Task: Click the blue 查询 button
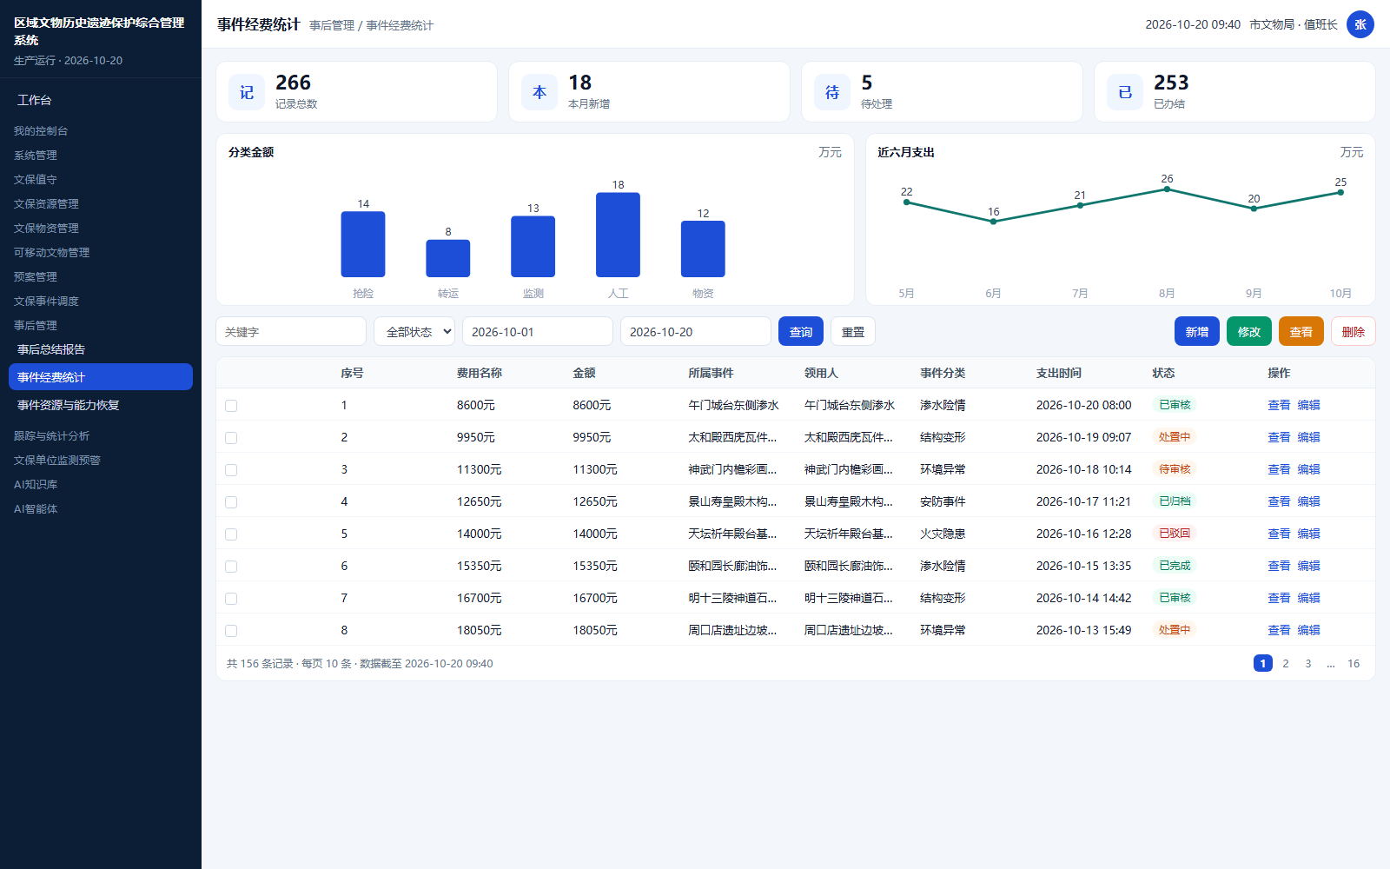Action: [x=800, y=331]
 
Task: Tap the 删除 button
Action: [x=1353, y=331]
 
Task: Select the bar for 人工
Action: [x=618, y=235]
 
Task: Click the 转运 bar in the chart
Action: [x=447, y=258]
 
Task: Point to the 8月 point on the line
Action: [x=1167, y=189]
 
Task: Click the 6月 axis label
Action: [x=993, y=293]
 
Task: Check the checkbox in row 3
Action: [x=231, y=470]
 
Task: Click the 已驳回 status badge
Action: [x=1174, y=534]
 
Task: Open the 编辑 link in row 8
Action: [x=1308, y=630]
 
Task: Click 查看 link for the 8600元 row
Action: [x=1278, y=405]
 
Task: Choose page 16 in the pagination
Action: [x=1353, y=664]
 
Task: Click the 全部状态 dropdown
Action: [x=414, y=331]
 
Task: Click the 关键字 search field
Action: [x=291, y=331]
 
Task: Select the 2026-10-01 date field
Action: [x=538, y=331]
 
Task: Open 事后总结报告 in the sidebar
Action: [x=51, y=349]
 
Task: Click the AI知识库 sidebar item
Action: [x=36, y=484]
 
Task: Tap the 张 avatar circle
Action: [x=1360, y=25]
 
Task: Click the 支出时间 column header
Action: [x=1059, y=373]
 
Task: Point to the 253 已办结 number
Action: [x=1171, y=83]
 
